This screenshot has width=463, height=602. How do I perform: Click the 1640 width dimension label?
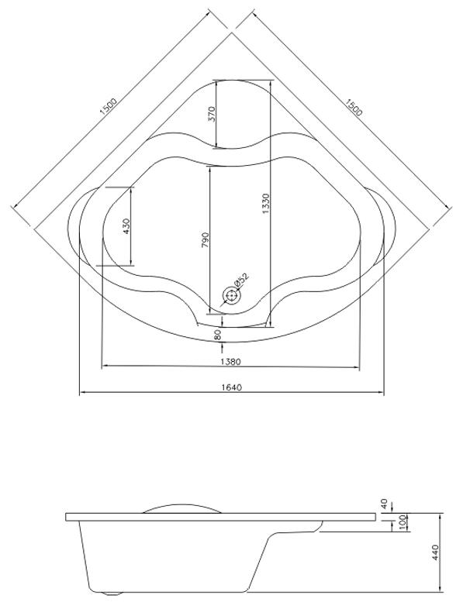pos(232,387)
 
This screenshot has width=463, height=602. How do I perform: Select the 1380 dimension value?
pos(230,362)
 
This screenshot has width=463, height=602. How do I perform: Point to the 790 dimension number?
pos(206,239)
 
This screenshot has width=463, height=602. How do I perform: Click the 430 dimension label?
pos(126,226)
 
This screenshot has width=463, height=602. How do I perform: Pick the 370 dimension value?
pos(212,114)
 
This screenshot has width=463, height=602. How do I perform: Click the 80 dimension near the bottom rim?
pos(218,335)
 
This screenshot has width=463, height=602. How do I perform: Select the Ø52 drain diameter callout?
pos(241,280)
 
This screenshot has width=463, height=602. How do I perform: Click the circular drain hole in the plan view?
pos(231,296)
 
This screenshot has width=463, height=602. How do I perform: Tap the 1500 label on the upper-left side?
pos(108,107)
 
